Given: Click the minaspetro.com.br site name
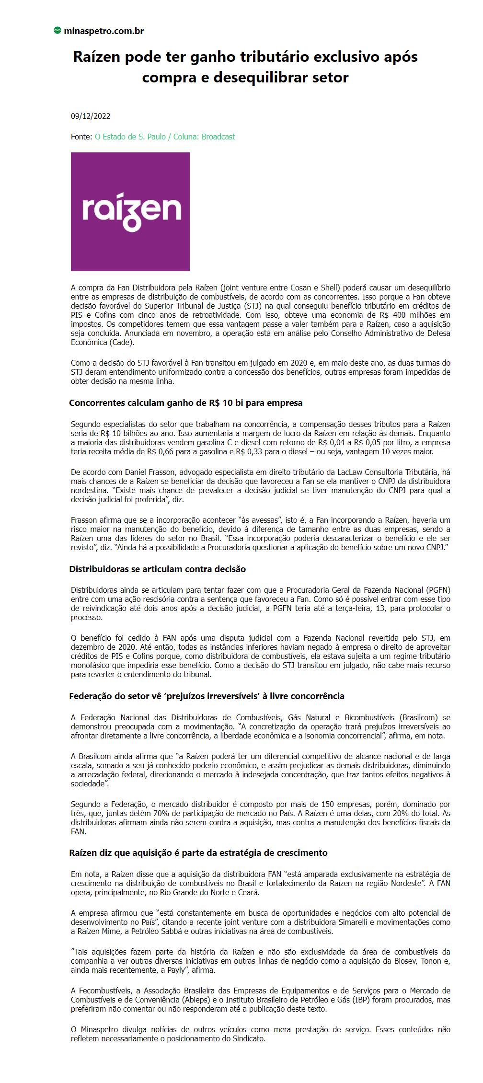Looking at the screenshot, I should pos(103,31).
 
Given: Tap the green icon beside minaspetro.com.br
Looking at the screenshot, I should pos(57,31).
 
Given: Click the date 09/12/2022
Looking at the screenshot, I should pos(91,116).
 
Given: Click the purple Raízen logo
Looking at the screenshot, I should pos(130,212).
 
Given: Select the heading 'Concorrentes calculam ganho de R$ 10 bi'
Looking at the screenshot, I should pos(186,403).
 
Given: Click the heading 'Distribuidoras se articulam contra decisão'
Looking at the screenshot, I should pos(157,569).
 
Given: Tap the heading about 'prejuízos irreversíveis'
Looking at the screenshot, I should pos(207,696).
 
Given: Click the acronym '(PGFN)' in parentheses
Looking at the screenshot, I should pos(437,590).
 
